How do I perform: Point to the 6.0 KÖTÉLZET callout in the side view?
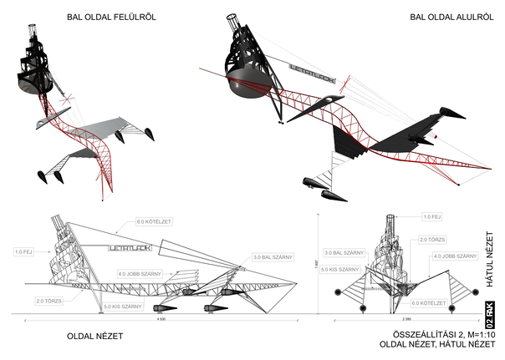[x=152, y=223]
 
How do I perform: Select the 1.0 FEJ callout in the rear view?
[x=431, y=217]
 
